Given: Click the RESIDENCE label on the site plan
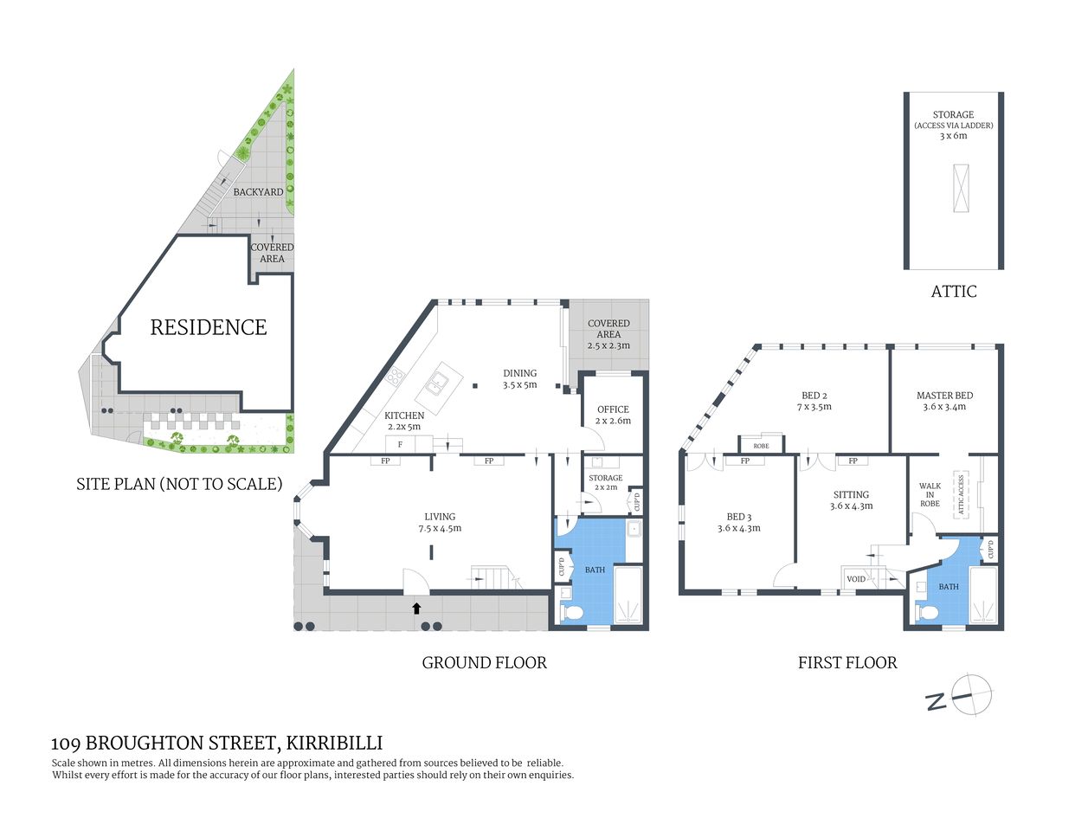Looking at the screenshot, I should (x=209, y=327).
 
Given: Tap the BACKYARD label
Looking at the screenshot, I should (x=258, y=191).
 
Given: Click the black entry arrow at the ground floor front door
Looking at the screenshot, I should (x=416, y=608).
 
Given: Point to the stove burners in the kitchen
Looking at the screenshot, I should (x=395, y=376).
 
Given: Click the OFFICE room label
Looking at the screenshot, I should (x=613, y=409).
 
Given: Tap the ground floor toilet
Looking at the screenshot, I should (x=572, y=612).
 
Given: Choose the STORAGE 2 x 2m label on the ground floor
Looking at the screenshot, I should (x=605, y=482).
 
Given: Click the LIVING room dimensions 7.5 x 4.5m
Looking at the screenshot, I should (x=440, y=528).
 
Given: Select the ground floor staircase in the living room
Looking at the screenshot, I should (x=494, y=577).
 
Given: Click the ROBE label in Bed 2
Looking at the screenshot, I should (x=761, y=446).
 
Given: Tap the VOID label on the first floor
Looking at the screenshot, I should (x=856, y=578).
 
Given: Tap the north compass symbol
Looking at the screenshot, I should (x=971, y=695).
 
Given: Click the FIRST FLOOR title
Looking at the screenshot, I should (x=846, y=663).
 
